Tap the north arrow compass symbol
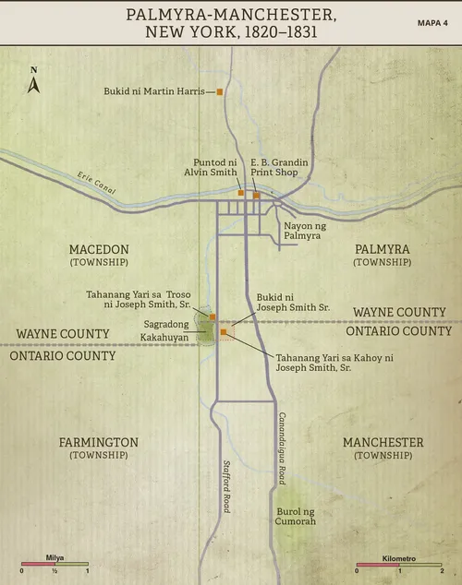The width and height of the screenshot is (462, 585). pyautogui.click(x=33, y=83)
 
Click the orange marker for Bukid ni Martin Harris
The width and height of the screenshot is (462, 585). pyautogui.click(x=220, y=91)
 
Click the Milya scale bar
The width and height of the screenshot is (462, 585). pyautogui.click(x=55, y=565)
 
